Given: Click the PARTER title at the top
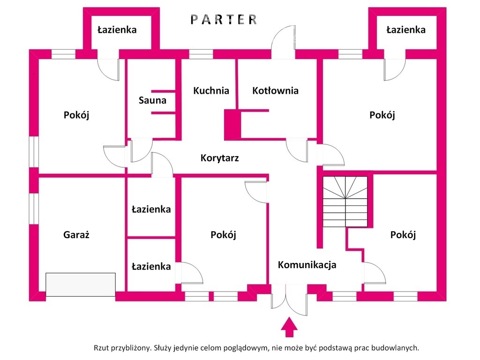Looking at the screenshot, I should tap(224, 19).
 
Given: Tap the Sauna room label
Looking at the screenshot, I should tap(152, 100).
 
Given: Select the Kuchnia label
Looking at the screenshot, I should tap(211, 90).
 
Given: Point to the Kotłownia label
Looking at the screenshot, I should tap(275, 90).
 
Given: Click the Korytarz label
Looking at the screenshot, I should tap(219, 158).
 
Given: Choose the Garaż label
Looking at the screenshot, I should tap(76, 235).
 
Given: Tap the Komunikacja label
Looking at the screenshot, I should tap(307, 265).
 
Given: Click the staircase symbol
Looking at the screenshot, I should tap(345, 202).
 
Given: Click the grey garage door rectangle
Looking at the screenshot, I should tap(81, 284).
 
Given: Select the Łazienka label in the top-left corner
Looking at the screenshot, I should tap(117, 30).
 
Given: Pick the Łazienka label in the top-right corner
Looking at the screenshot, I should tap(406, 30).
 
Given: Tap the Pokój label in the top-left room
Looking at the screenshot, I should tap(76, 115).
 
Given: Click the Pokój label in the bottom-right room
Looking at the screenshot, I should tap(403, 235).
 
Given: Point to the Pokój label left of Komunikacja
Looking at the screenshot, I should tap(223, 235).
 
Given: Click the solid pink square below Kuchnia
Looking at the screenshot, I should tap(232, 125).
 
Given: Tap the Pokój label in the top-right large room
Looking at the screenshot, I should tap(382, 115).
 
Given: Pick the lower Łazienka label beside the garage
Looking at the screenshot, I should tap(151, 266).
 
